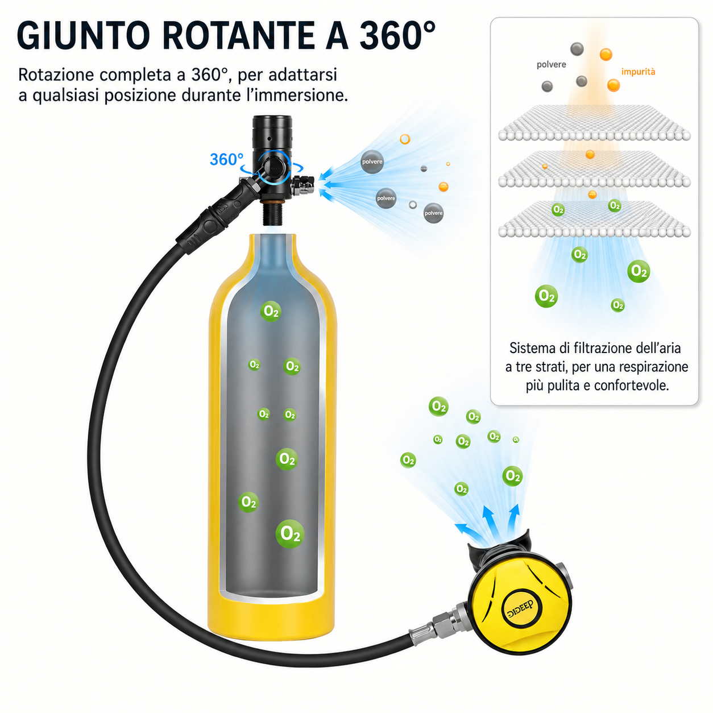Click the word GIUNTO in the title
coord(83,35)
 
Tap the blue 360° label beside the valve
coord(226,159)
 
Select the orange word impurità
coord(638,72)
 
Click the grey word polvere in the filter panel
coord(552,65)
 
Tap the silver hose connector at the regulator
coord(437,625)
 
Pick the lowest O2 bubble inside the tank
coord(290,533)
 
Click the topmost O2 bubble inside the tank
coord(271,311)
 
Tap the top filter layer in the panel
coord(594,123)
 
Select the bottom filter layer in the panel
coord(594,219)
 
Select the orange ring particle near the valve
coord(405,139)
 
